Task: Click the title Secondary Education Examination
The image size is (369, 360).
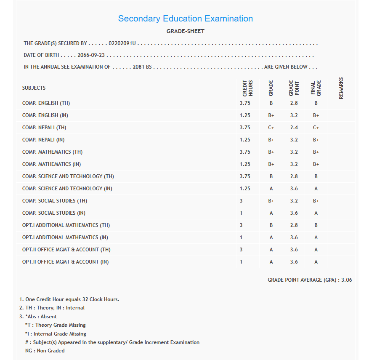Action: click(185, 19)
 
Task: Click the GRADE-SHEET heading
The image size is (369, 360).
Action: click(185, 31)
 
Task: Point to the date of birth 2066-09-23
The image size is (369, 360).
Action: click(91, 55)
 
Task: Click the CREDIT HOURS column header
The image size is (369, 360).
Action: click(248, 88)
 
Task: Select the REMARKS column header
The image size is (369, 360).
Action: click(341, 88)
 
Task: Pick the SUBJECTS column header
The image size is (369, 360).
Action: click(34, 88)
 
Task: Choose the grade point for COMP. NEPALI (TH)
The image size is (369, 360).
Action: click(294, 128)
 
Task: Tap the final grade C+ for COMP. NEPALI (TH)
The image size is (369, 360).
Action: click(316, 128)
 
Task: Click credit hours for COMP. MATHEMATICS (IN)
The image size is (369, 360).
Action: click(245, 164)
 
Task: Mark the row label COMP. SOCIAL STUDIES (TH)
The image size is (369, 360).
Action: click(55, 201)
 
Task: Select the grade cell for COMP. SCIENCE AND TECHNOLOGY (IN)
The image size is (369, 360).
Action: click(271, 189)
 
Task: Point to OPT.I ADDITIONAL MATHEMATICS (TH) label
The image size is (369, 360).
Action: click(66, 225)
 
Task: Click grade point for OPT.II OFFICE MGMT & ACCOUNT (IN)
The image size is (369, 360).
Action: click(294, 262)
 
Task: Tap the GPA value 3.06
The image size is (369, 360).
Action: click(346, 280)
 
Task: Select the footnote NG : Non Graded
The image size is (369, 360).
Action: click(45, 350)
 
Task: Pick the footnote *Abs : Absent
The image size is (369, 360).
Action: click(41, 317)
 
